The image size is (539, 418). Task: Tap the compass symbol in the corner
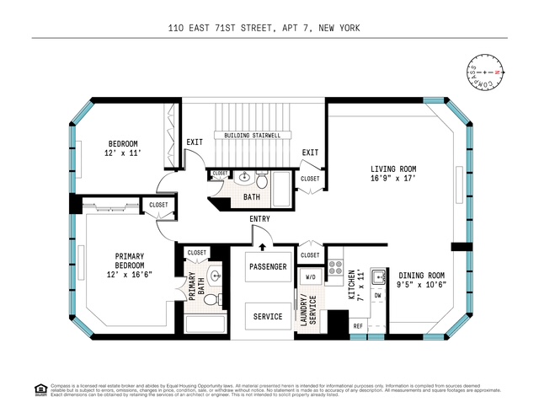[x=484, y=74]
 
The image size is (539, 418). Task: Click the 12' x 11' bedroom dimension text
[x=121, y=153]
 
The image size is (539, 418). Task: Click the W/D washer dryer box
[x=309, y=276]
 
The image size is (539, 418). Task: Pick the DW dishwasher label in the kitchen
[x=378, y=296]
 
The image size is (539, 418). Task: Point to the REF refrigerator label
[x=358, y=326]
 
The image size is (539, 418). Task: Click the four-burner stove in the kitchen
[x=334, y=269]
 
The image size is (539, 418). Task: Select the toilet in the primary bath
[x=211, y=298]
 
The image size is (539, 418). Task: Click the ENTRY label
[x=259, y=220]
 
